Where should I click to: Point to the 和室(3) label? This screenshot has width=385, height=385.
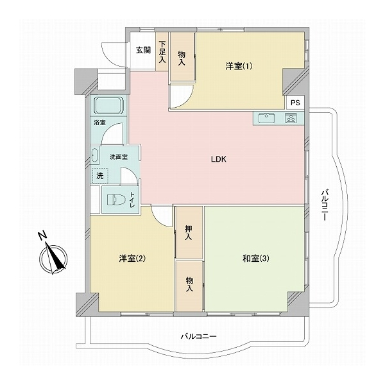255,259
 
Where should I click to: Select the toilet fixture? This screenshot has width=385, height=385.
113,199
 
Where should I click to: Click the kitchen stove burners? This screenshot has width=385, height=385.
290,118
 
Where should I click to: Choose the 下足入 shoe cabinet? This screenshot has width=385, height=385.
162,51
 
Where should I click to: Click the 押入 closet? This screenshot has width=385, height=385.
189,233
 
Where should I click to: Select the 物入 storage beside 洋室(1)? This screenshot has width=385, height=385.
182,58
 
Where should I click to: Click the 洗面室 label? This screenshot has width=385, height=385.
118,156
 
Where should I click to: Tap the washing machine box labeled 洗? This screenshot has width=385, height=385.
99,175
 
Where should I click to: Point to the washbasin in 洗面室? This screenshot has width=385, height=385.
96,157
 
